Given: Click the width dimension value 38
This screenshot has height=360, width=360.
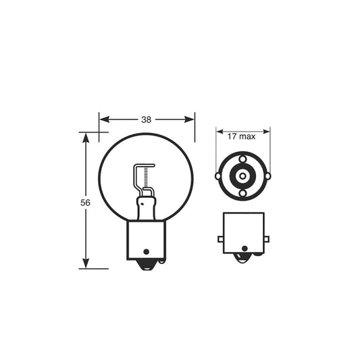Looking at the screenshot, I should [146, 120].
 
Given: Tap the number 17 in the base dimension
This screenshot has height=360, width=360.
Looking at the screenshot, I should [232, 136].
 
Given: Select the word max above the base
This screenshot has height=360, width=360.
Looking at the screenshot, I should [248, 136].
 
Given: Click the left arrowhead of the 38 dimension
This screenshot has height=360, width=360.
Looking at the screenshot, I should [103, 120].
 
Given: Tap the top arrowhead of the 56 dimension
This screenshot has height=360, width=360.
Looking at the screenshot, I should [85, 136].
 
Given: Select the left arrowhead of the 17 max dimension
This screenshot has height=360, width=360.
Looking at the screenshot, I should [220, 131].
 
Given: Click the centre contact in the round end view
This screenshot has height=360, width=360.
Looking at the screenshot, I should [242, 176].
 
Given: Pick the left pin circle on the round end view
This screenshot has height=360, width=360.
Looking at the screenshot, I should [218, 176].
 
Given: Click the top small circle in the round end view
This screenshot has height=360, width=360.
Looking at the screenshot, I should [242, 159].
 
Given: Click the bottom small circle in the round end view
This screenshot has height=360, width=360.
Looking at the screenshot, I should [242, 194].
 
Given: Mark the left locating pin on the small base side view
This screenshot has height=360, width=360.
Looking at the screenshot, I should [220, 239].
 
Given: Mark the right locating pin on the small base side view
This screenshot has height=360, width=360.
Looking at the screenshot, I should [266, 239].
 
